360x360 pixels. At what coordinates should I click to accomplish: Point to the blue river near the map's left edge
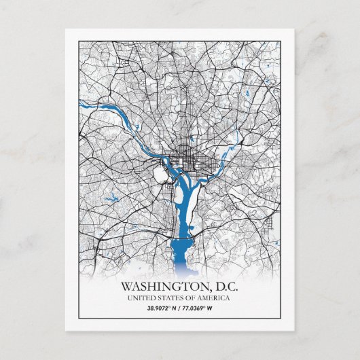[x=88, y=105]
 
